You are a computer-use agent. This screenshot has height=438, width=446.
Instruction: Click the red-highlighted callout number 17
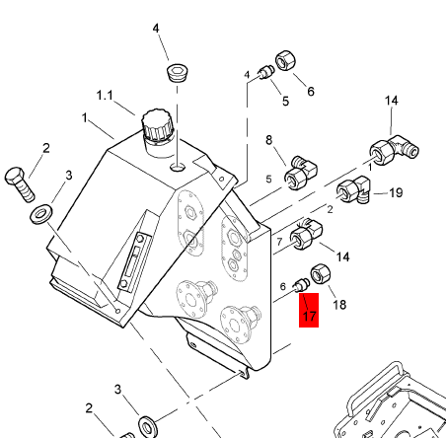click(309, 316)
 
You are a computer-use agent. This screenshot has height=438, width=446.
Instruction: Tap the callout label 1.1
click(105, 96)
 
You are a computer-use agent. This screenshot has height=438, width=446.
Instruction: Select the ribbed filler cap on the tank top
click(158, 126)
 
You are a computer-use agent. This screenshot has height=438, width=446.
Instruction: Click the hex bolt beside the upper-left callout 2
click(20, 183)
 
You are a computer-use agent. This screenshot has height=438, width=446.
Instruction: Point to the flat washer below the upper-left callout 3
click(41, 214)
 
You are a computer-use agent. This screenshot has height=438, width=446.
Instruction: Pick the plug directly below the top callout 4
click(178, 73)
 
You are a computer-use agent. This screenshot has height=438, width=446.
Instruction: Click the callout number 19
click(396, 192)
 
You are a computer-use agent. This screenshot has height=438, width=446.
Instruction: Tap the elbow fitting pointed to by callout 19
click(353, 190)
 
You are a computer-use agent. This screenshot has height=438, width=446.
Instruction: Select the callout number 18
click(339, 305)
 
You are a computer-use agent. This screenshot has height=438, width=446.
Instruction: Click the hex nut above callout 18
click(321, 273)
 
